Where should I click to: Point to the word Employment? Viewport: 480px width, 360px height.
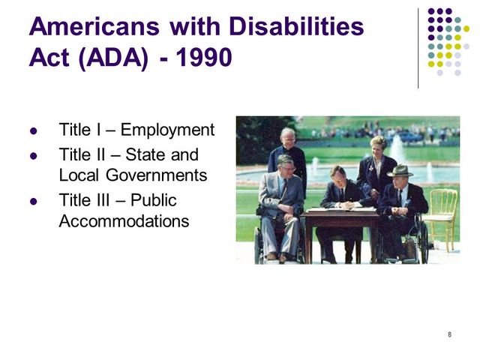click(x=167, y=130)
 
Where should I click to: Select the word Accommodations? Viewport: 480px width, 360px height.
click(x=124, y=222)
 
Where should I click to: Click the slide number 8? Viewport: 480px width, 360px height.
click(x=448, y=334)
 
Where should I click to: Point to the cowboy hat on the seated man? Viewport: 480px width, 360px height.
click(x=400, y=171)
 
